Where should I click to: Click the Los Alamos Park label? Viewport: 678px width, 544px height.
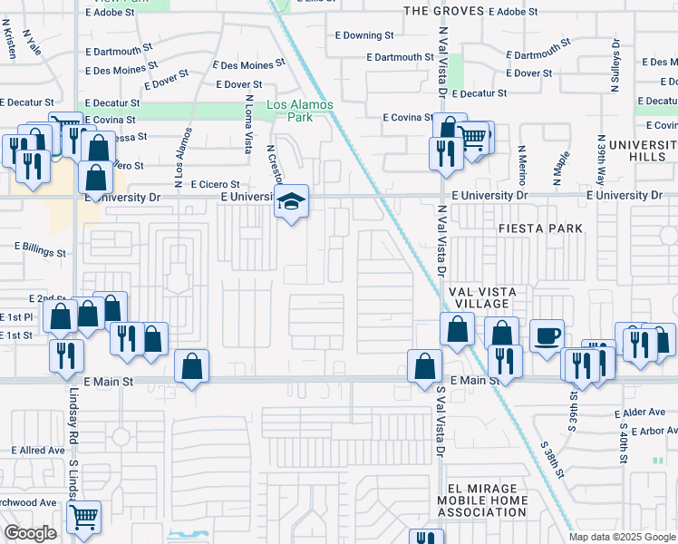[300, 112]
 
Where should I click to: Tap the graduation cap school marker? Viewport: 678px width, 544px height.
[292, 201]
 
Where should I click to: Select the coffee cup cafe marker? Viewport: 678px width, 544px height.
[546, 335]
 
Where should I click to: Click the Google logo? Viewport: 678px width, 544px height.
[30, 533]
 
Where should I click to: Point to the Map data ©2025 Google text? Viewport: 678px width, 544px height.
[621, 537]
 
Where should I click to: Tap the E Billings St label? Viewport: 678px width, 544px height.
[40, 246]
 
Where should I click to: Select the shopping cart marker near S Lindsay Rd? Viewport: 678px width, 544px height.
[83, 517]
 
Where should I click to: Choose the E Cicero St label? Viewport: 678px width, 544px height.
[215, 185]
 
